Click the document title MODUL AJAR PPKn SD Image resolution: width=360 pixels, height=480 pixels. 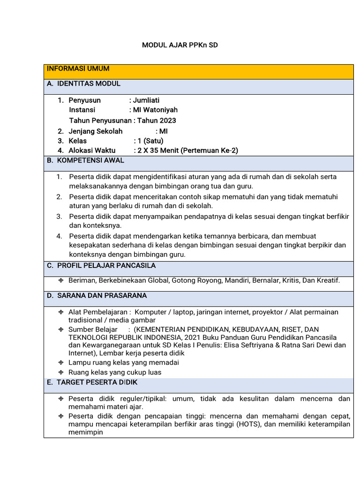pos(180,45)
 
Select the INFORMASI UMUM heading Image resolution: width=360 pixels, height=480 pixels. pos(78,69)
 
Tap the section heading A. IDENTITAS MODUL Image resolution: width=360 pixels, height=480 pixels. pos(84,84)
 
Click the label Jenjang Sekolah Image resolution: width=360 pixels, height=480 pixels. pos(96,131)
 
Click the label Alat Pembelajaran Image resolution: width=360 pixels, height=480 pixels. pos(97,312)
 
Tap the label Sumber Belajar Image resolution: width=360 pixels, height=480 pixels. pos(93,330)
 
